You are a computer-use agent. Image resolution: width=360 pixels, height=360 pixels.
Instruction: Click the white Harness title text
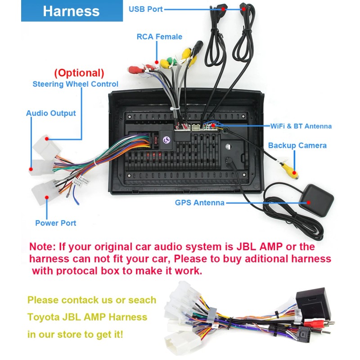tap(71, 11)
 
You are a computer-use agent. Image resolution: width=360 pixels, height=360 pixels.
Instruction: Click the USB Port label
tap(146, 9)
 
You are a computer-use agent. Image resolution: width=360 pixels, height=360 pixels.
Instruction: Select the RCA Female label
tap(159, 37)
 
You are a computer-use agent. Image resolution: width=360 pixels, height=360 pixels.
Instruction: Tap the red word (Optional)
tap(79, 72)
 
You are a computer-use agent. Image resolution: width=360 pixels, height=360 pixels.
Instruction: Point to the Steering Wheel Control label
tap(76, 84)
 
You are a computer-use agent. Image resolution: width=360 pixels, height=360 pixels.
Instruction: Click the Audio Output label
tap(51, 113)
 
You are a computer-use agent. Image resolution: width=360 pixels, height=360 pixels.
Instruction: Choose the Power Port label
tap(56, 223)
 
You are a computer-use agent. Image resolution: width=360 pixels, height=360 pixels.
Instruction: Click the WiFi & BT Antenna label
tap(301, 126)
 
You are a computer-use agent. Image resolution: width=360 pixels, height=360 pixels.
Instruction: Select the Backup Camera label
tap(297, 145)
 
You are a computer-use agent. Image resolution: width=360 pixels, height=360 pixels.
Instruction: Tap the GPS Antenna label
tap(199, 202)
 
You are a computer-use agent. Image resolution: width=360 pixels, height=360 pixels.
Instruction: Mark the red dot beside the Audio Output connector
tap(31, 170)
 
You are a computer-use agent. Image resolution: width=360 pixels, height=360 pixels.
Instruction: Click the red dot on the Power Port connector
tap(46, 197)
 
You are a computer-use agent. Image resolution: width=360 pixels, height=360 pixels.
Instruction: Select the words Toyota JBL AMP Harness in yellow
tap(87, 317)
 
